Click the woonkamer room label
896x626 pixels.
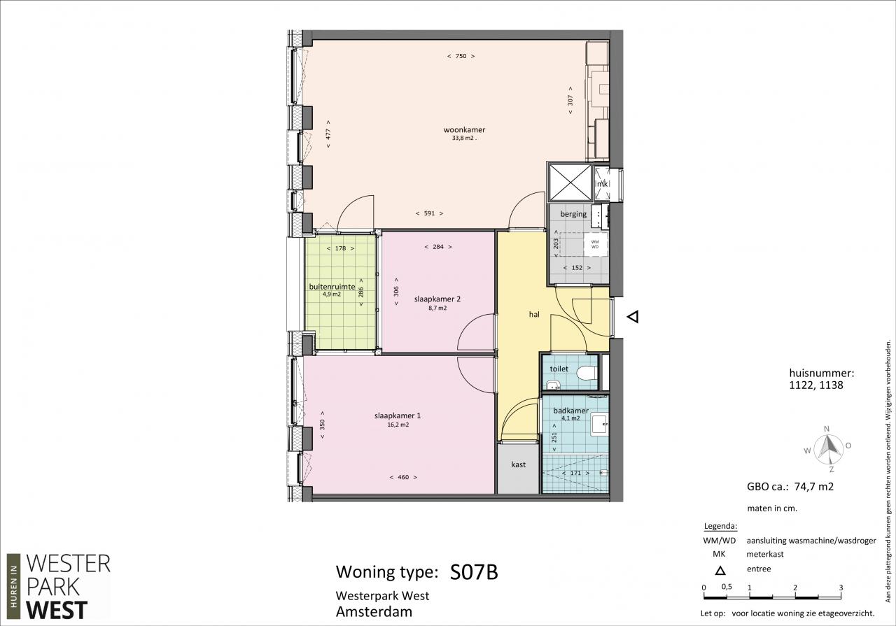click(x=464, y=130)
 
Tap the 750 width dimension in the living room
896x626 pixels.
click(x=461, y=57)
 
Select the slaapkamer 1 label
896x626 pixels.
click(x=398, y=415)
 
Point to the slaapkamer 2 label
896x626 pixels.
click(x=437, y=299)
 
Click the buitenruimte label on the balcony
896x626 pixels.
click(x=332, y=287)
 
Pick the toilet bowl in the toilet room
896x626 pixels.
click(x=587, y=373)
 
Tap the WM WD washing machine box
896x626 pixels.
click(x=595, y=244)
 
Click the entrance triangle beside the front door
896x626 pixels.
click(x=633, y=317)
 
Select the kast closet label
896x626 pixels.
click(x=519, y=464)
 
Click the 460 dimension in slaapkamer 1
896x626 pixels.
click(x=403, y=477)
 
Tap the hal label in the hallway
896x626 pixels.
click(x=534, y=315)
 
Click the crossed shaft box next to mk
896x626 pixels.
click(x=570, y=183)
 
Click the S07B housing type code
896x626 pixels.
click(x=474, y=572)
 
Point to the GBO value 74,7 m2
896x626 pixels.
click(x=813, y=487)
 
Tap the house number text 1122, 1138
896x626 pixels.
click(x=816, y=385)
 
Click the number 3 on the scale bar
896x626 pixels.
click(x=841, y=588)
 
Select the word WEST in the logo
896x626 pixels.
click(x=57, y=610)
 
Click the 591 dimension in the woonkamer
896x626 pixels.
click(x=429, y=213)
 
